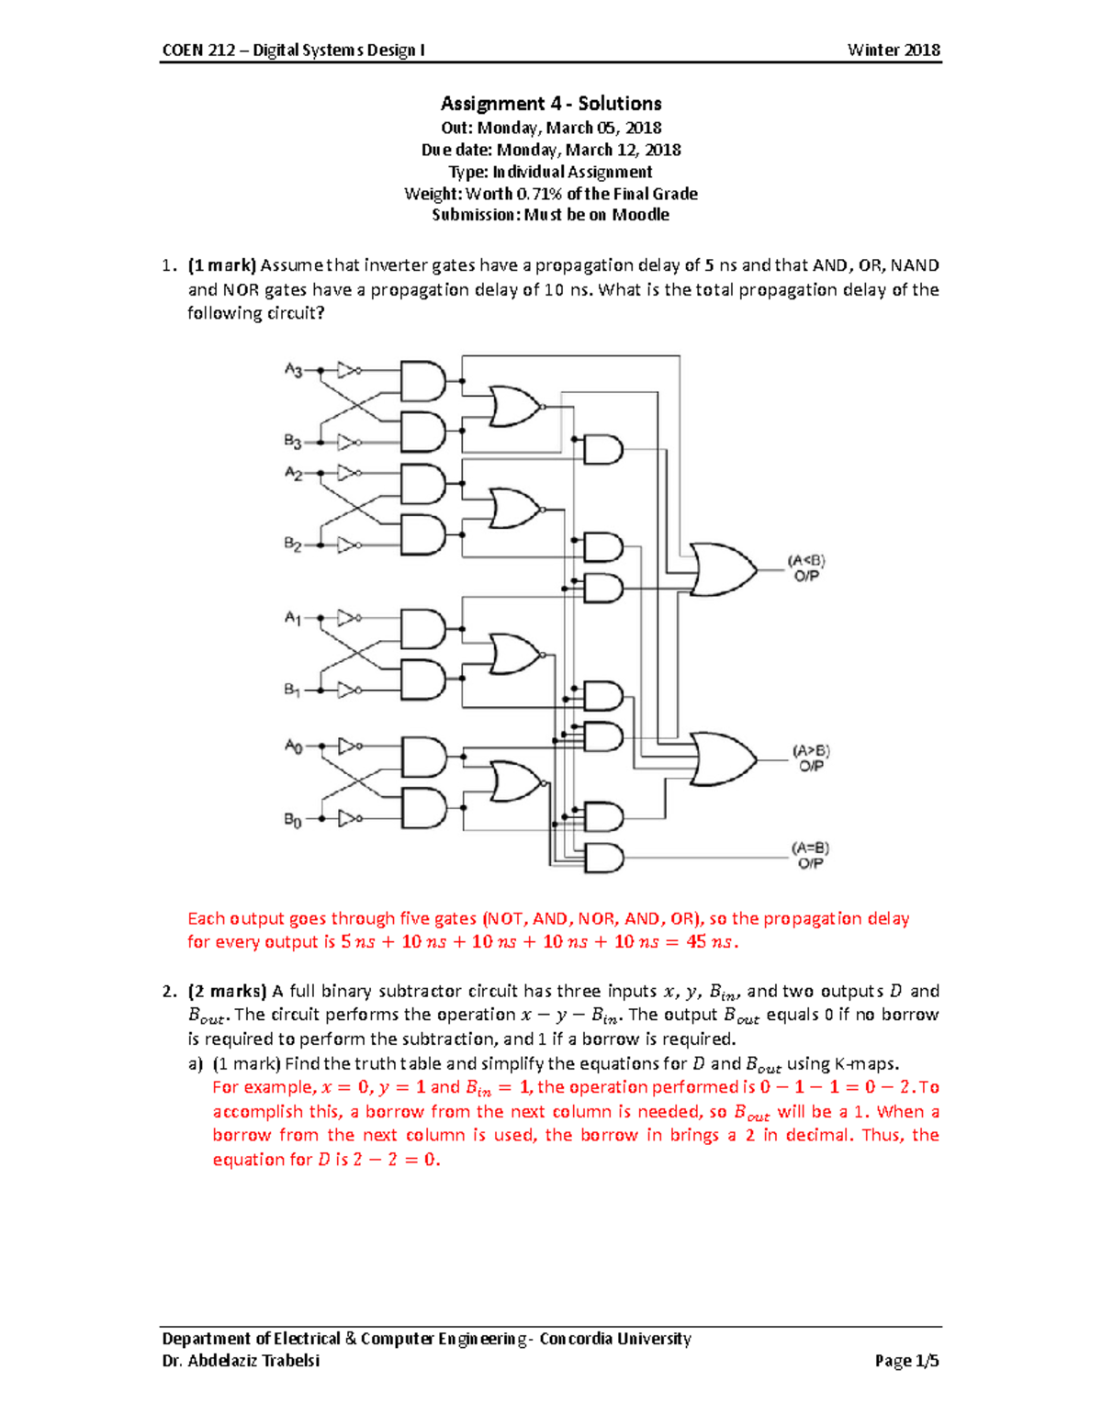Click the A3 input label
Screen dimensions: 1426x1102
pyautogui.click(x=293, y=370)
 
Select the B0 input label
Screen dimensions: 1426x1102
pyautogui.click(x=292, y=819)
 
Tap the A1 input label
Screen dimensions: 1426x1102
pyautogui.click(x=292, y=618)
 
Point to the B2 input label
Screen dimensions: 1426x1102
pyautogui.click(x=292, y=545)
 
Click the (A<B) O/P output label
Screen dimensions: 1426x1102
pyautogui.click(x=806, y=568)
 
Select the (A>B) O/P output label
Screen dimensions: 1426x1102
pyautogui.click(x=811, y=758)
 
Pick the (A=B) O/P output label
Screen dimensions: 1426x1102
pyautogui.click(x=810, y=856)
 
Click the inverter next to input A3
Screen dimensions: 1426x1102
pyautogui.click(x=349, y=370)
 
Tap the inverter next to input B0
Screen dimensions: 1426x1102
pyautogui.click(x=349, y=818)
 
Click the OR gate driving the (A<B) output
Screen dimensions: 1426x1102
pyautogui.click(x=722, y=569)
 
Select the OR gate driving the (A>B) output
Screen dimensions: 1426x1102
pyautogui.click(x=722, y=759)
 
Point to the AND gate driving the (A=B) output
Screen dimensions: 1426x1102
pyautogui.click(x=603, y=858)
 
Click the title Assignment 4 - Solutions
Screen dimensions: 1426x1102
pyautogui.click(x=551, y=104)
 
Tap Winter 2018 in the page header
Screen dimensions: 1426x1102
pyautogui.click(x=894, y=51)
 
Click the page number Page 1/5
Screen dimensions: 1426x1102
pyautogui.click(x=906, y=1361)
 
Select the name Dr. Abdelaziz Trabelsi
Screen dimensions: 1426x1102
pyautogui.click(x=241, y=1361)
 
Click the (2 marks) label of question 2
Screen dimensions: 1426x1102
pyautogui.click(x=227, y=992)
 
